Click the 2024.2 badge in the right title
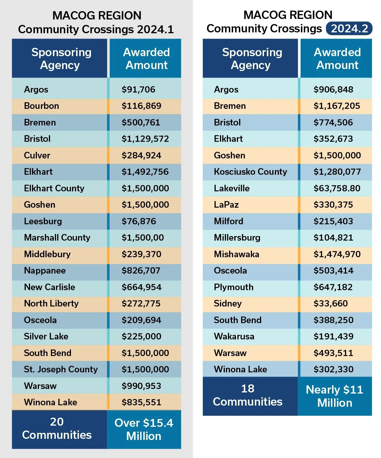pyautogui.click(x=349, y=29)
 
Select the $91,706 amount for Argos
pyautogui.click(x=138, y=89)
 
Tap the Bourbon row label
pyautogui.click(x=41, y=106)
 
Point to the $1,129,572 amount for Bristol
pyautogui.click(x=145, y=139)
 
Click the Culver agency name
pyautogui.click(x=37, y=156)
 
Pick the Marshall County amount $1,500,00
pyautogui.click(x=143, y=238)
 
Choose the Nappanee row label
pyautogui.click(x=45, y=271)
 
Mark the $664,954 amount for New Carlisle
pyautogui.click(x=142, y=287)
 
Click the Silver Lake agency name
pyautogui.click(x=46, y=336)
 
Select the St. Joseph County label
pyautogui.click(x=61, y=369)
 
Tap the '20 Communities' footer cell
pyautogui.click(x=57, y=428)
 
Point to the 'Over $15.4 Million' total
pyautogui.click(x=144, y=429)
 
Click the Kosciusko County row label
pyautogui.click(x=250, y=172)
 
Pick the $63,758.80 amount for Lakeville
pyautogui.click(x=337, y=188)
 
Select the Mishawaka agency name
pyautogui.click(x=237, y=254)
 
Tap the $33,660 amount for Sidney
pyautogui.click(x=331, y=304)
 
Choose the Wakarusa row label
pyautogui.click(x=234, y=336)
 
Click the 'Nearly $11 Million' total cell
pyautogui.click(x=335, y=396)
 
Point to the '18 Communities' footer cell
pyautogui.click(x=248, y=395)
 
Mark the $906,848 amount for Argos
pyautogui.click(x=333, y=89)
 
